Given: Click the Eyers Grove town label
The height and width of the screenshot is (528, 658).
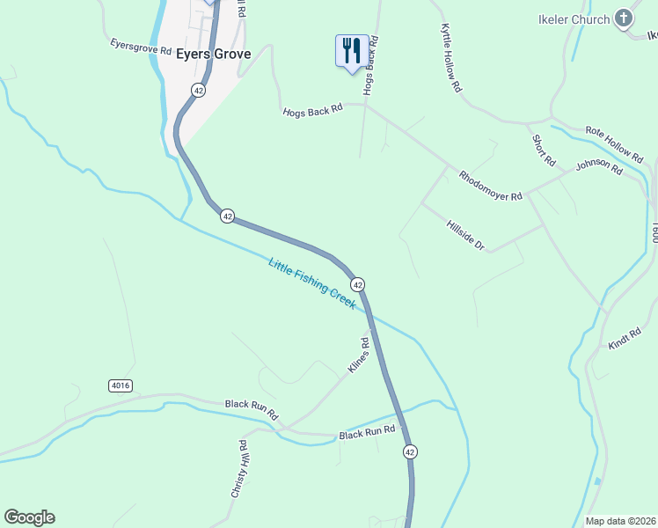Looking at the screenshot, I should pos(213,54).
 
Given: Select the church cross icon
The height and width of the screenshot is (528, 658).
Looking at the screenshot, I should pos(624,18).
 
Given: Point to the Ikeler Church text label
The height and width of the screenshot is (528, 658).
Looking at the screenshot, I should pos(574,19).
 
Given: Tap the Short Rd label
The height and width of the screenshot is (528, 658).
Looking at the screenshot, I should pos(544,150).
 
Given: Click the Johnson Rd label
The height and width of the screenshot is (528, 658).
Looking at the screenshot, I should pos(600,167).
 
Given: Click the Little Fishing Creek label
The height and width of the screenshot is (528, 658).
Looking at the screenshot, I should pos(312,282).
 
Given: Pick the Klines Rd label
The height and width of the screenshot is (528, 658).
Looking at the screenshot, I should pos(358,356).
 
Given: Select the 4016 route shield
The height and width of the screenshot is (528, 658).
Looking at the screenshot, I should pos(121,385).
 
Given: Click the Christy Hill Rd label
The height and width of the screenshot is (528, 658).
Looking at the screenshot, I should pos(238,469).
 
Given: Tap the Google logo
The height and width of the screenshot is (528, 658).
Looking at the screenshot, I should pos(29,517).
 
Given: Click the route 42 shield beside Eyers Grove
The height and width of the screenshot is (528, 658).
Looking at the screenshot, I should pos(199,90).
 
